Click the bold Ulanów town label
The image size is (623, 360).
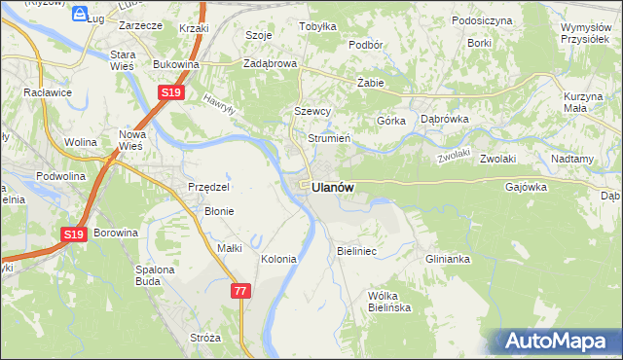333,188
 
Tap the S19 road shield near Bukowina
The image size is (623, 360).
170,92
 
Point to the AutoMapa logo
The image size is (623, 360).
560,342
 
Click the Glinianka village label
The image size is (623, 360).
448,259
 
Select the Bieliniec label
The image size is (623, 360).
356,251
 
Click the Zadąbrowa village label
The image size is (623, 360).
270,63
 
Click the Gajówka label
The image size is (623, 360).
527,187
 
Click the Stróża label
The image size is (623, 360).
205,338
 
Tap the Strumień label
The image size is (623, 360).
328,137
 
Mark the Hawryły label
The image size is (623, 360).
222,101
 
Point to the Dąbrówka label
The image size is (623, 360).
445,119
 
